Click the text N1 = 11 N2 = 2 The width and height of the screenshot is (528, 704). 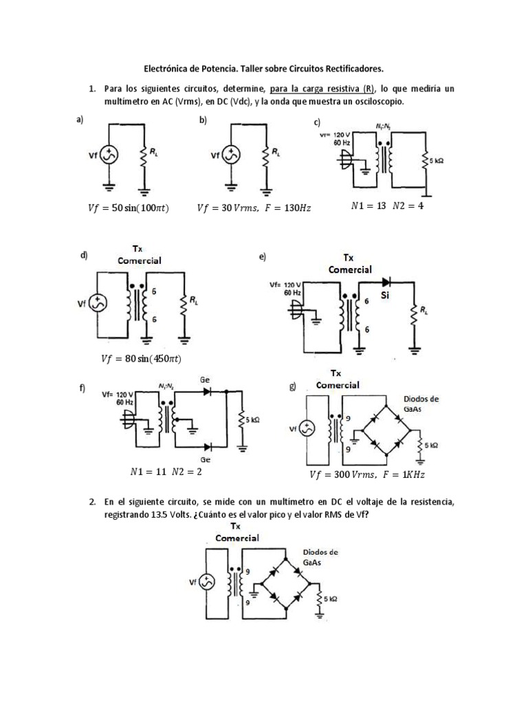coord(165,472)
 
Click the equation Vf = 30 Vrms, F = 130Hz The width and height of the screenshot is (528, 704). coord(254,207)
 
